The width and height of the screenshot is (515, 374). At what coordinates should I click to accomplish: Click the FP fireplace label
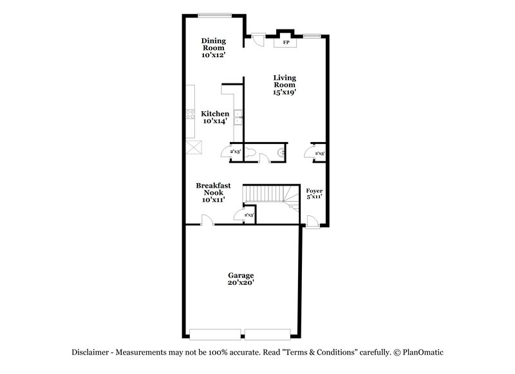[285, 43]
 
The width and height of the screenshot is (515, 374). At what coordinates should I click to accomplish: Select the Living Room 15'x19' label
[284, 85]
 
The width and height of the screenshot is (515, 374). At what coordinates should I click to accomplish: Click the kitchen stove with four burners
[191, 114]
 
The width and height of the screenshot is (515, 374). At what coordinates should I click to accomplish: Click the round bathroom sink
[281, 152]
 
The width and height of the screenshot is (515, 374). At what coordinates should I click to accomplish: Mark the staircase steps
[264, 193]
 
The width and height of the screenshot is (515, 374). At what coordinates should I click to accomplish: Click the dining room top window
[213, 15]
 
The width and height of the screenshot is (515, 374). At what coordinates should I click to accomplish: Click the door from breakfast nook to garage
[207, 220]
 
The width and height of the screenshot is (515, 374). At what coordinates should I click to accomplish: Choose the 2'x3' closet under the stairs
[248, 215]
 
